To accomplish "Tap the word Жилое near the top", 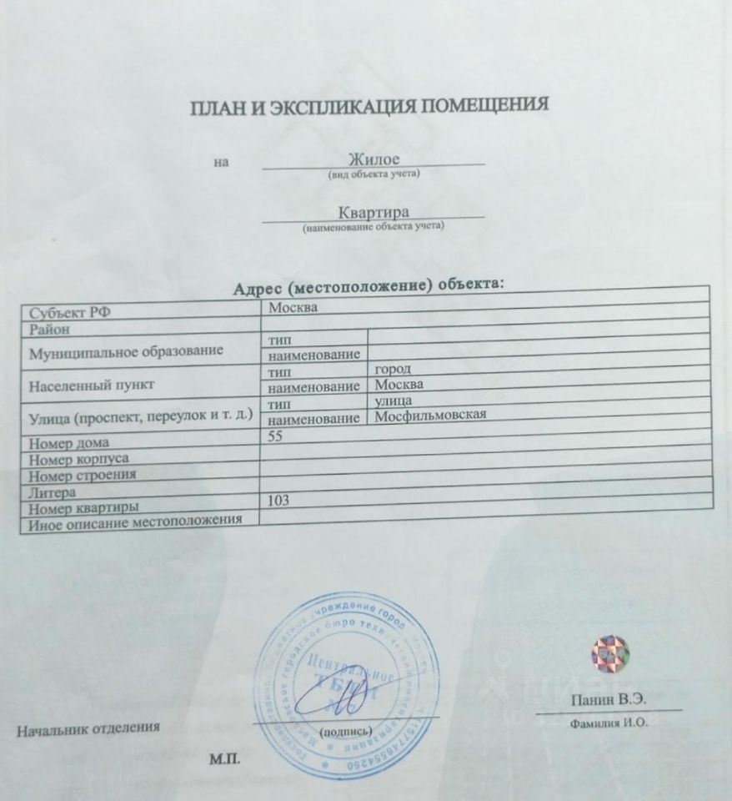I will tap(374, 159).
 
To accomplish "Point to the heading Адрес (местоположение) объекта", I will tap(370, 286).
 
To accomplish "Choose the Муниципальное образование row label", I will tap(126, 351).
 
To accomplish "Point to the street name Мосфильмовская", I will tap(430, 416).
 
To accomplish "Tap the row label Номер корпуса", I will tap(78, 458).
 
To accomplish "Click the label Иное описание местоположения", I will tap(135, 524).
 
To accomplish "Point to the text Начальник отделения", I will tap(88, 728).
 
